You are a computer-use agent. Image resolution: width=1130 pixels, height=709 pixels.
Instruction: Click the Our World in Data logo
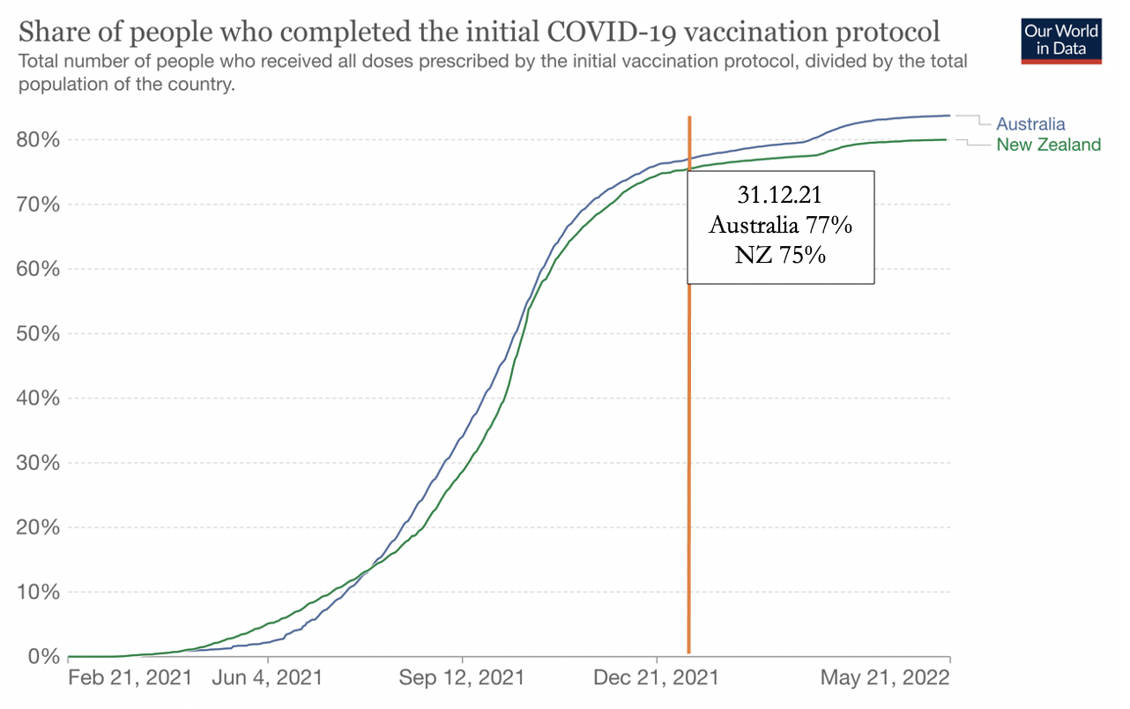click(1061, 39)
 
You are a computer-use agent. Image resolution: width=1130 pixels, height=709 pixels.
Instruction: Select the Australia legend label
click(1030, 124)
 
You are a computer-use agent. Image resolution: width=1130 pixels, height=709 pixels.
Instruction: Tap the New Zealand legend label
click(1048, 145)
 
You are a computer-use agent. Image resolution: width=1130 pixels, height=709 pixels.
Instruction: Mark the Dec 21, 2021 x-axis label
click(657, 678)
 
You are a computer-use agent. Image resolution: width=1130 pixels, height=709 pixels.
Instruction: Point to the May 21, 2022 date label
click(884, 678)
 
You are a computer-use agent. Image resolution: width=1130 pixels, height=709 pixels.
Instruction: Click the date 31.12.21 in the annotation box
click(780, 196)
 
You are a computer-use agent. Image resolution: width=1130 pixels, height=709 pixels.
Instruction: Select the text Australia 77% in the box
click(780, 226)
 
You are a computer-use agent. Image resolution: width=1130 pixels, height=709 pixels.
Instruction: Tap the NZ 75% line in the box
click(780, 256)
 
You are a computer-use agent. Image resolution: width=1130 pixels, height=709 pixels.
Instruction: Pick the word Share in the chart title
click(56, 34)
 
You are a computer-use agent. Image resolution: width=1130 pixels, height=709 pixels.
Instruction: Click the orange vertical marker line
click(688, 441)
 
